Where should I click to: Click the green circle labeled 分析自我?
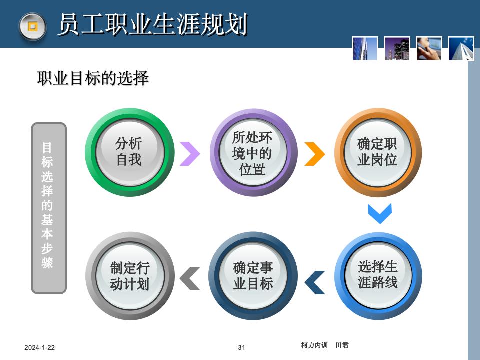(x=129, y=152)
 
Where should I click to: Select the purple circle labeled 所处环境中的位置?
(x=253, y=153)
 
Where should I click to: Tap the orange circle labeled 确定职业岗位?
(x=377, y=152)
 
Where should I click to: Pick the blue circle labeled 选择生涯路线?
(x=377, y=275)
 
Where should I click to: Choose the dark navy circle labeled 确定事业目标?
(x=253, y=276)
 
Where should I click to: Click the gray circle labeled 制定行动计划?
(x=129, y=276)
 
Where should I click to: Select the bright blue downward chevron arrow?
(x=379, y=213)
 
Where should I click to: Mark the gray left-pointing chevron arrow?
(x=190, y=278)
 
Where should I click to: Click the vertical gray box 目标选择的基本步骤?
(x=48, y=208)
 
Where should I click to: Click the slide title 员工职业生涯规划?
(x=152, y=25)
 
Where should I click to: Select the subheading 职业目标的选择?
(x=93, y=78)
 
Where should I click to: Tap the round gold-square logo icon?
(x=32, y=26)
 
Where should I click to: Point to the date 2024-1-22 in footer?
(x=40, y=348)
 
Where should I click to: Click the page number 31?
(x=242, y=348)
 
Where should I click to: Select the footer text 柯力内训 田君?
(x=325, y=345)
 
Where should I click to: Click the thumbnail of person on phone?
(x=429, y=48)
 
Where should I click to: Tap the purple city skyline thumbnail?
(x=397, y=48)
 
